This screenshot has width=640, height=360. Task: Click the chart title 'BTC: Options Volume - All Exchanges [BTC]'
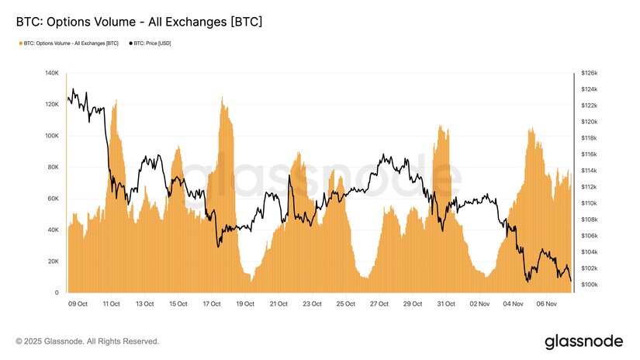[x=139, y=22]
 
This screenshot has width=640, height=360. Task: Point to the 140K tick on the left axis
[x=52, y=73]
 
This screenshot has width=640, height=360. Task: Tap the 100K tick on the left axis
[x=52, y=136]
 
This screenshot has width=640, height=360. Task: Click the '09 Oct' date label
[x=78, y=304]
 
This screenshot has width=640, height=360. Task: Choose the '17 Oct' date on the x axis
[x=212, y=304]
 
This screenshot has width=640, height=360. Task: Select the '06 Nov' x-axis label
[x=547, y=304]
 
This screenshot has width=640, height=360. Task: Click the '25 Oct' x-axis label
[x=346, y=304]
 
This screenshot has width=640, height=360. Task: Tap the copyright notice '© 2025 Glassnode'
[x=88, y=341]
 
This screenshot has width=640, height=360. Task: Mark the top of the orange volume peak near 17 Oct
[x=223, y=98]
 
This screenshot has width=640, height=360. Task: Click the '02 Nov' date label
[x=480, y=304]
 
